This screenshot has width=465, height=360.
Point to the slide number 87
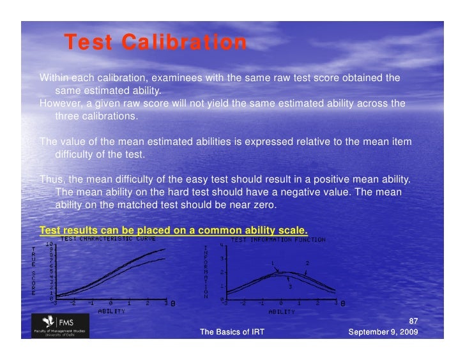pos(413,321)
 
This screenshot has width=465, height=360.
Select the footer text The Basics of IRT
pos(232,332)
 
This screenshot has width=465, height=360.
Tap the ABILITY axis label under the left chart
pos(111,311)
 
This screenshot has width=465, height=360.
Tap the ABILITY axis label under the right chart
pos(281,312)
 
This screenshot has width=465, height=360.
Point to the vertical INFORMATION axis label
pos(205,272)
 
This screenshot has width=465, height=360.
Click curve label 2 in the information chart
pos(307,263)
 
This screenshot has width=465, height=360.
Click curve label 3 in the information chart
pos(290,287)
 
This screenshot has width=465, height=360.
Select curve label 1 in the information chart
pos(272,263)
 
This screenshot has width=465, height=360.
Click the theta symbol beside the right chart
pos(343,304)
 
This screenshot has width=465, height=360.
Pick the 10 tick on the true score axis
pos(49,244)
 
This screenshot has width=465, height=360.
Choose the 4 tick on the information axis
pos(221,244)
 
